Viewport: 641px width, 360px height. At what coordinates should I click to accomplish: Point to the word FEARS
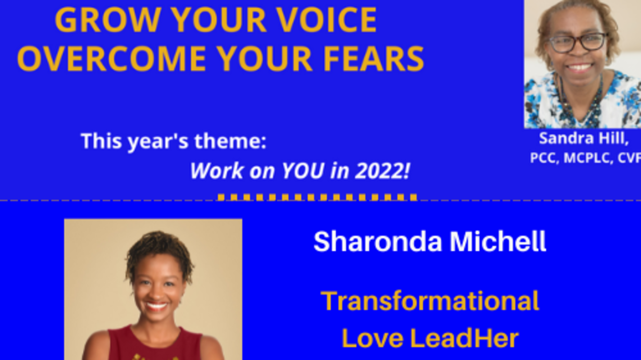tap(373, 59)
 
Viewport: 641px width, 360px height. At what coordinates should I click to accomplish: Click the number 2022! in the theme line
tap(383, 171)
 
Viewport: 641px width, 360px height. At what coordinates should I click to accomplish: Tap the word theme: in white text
tap(230, 141)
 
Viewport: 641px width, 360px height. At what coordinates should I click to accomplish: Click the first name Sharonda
tap(378, 241)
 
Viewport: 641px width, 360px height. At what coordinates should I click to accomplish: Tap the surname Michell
tap(498, 241)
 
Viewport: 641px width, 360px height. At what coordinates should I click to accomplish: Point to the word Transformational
tap(430, 301)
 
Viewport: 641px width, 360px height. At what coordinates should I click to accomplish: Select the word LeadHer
tap(464, 338)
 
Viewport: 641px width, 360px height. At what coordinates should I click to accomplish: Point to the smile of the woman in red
tap(156, 306)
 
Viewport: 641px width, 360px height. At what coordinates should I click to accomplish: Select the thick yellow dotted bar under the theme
tap(317, 197)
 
